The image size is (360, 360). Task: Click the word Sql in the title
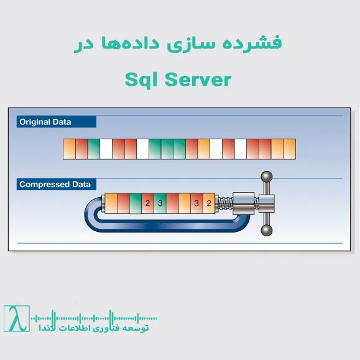click(141, 80)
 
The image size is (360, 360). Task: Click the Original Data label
click(45, 122)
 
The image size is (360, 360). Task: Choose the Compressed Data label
click(55, 184)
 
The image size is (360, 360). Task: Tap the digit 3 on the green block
click(160, 203)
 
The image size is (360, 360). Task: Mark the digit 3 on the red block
click(196, 203)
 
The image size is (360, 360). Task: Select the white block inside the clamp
click(172, 203)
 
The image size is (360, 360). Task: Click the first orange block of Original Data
click(70, 148)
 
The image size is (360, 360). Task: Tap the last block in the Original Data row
click(290, 148)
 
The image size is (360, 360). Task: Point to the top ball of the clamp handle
click(267, 177)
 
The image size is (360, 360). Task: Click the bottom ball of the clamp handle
click(267, 231)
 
